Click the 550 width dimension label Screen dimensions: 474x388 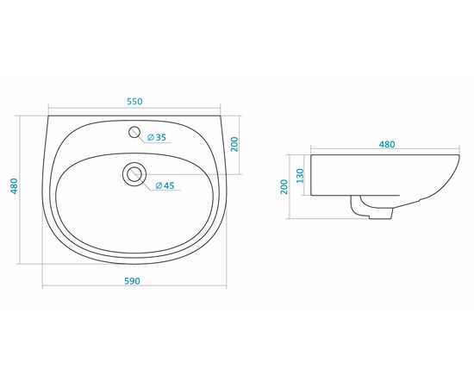click(134, 102)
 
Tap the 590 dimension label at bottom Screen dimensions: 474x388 click(133, 281)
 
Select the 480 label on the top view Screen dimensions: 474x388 click(14, 186)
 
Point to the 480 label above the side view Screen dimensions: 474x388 click(387, 145)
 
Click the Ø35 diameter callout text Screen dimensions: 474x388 click(157, 137)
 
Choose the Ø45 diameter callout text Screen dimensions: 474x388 click(165, 185)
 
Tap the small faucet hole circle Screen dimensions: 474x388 click(134, 132)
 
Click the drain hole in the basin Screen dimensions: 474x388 click(134, 174)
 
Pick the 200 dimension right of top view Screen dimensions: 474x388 click(234, 145)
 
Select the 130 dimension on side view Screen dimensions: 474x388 click(300, 176)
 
